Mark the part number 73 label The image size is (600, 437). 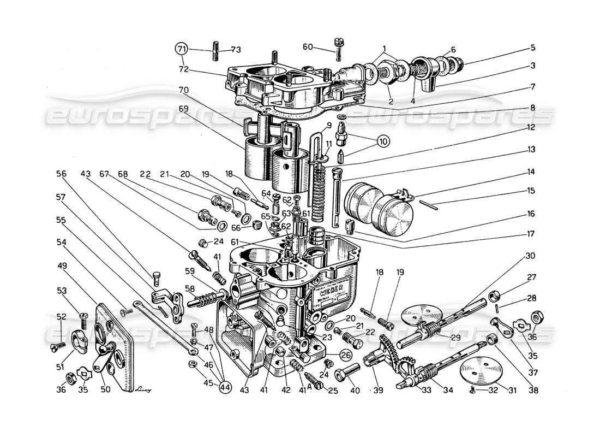(x=235, y=50)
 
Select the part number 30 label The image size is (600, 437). (x=531, y=256)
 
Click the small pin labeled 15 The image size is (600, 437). (x=431, y=205)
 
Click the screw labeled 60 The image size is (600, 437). (x=338, y=49)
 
